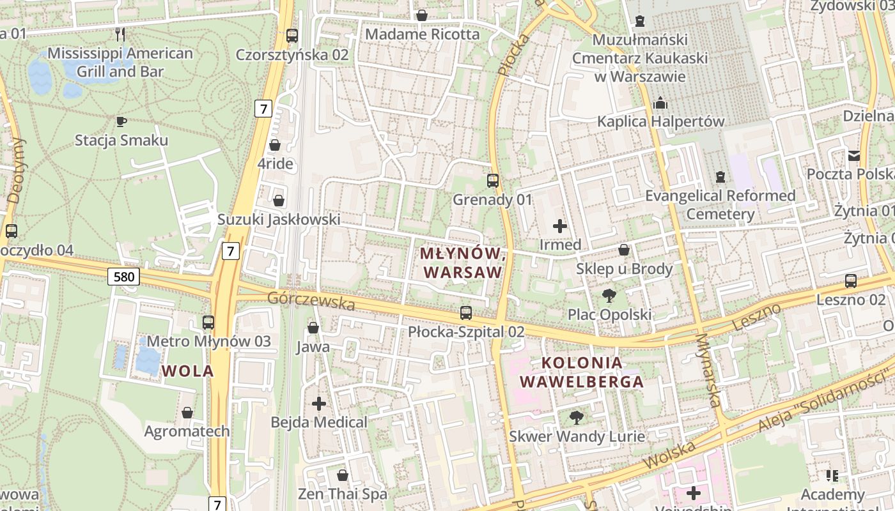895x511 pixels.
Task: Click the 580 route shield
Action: [x=123, y=277]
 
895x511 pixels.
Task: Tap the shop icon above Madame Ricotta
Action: [x=422, y=15]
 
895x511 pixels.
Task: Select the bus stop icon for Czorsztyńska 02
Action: [x=292, y=36]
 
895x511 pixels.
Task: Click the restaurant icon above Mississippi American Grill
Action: [x=120, y=34]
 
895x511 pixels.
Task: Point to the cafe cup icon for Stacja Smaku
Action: [x=121, y=121]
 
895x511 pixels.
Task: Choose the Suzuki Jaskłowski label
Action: [x=279, y=220]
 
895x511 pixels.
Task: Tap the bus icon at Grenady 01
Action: [x=492, y=181]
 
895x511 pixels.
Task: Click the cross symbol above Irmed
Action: [x=560, y=225]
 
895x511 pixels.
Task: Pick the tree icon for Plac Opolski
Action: [x=609, y=296]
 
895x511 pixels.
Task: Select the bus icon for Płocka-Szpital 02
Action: [x=466, y=313]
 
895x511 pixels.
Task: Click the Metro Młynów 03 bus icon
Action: [x=208, y=323]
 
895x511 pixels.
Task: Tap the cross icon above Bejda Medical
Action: [x=318, y=404]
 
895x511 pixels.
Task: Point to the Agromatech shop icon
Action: [x=187, y=413]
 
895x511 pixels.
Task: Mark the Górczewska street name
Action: [x=311, y=300]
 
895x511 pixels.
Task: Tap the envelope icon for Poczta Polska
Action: [x=854, y=155]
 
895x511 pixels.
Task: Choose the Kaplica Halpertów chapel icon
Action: [x=660, y=103]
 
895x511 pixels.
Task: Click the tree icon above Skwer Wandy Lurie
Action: [x=577, y=418]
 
